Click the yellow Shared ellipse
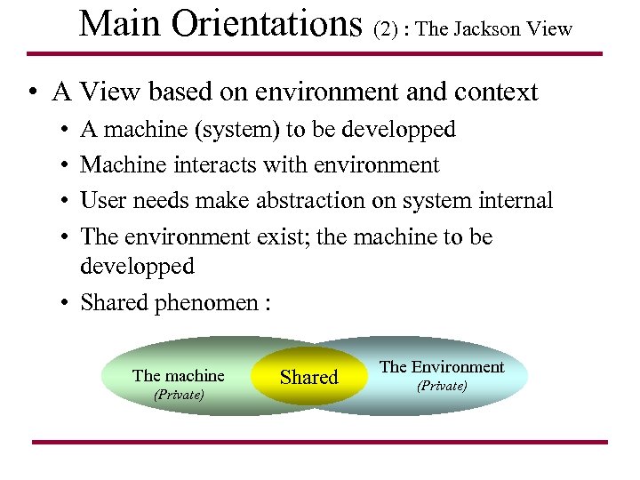(x=308, y=377)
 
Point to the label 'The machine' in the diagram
(x=178, y=375)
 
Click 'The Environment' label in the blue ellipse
(x=442, y=366)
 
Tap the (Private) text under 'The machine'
(x=179, y=395)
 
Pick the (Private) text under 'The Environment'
(x=442, y=386)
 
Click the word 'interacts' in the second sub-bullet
(x=221, y=165)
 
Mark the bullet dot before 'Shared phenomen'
(x=66, y=302)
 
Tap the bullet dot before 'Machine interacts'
(x=66, y=165)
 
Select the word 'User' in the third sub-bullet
(x=103, y=201)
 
